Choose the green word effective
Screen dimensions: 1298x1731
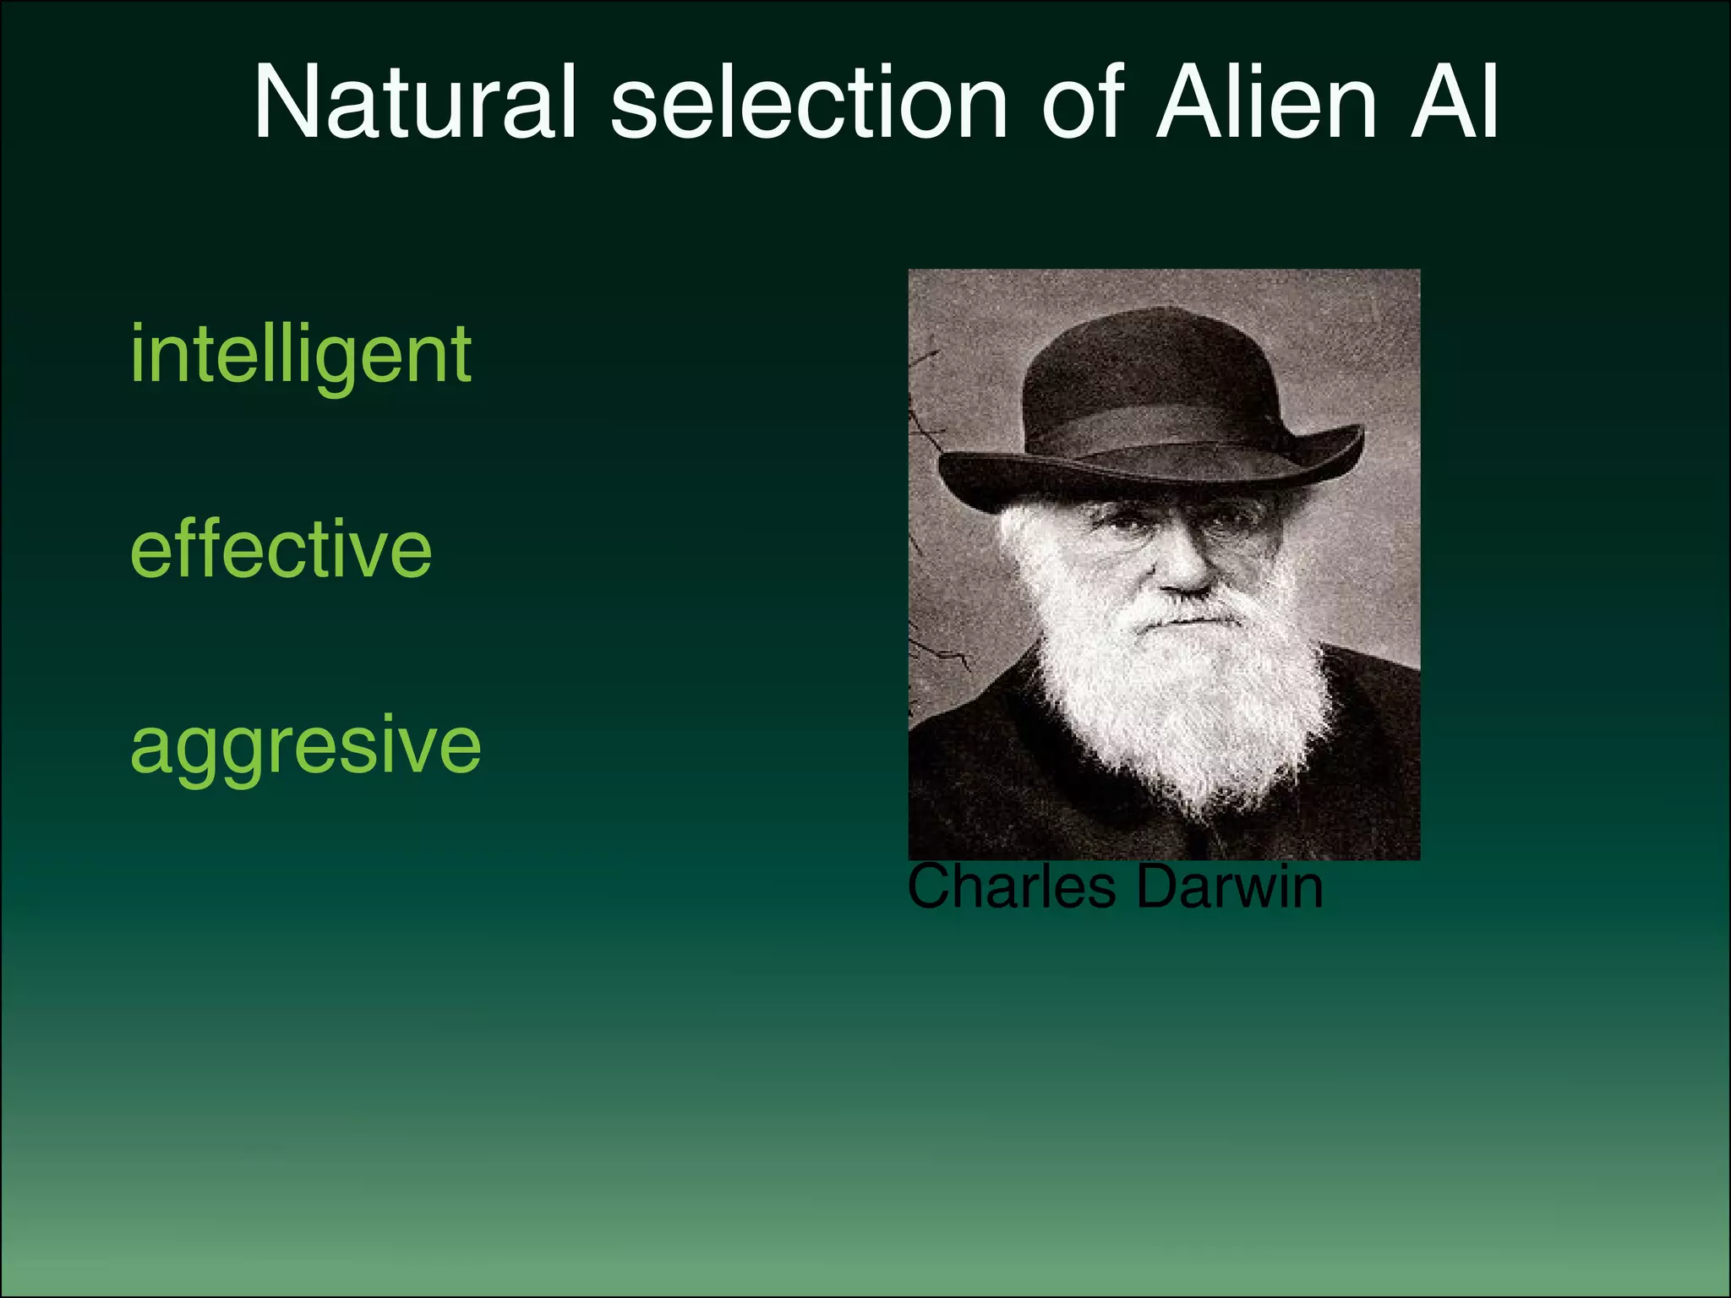tap(281, 549)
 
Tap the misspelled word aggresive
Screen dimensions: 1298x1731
tap(305, 745)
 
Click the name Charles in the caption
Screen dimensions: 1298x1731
tap(1011, 886)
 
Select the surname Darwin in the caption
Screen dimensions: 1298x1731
tap(1229, 886)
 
